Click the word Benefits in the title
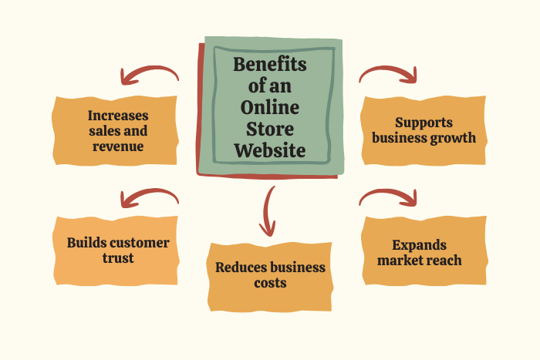tap(269, 64)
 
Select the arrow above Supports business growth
tap(389, 73)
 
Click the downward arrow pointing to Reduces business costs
tap(268, 210)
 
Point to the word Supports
tap(424, 123)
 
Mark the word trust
tap(117, 257)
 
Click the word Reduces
tap(241, 267)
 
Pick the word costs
tap(270, 283)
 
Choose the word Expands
tap(419, 245)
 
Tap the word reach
tap(445, 260)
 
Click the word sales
tap(103, 131)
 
